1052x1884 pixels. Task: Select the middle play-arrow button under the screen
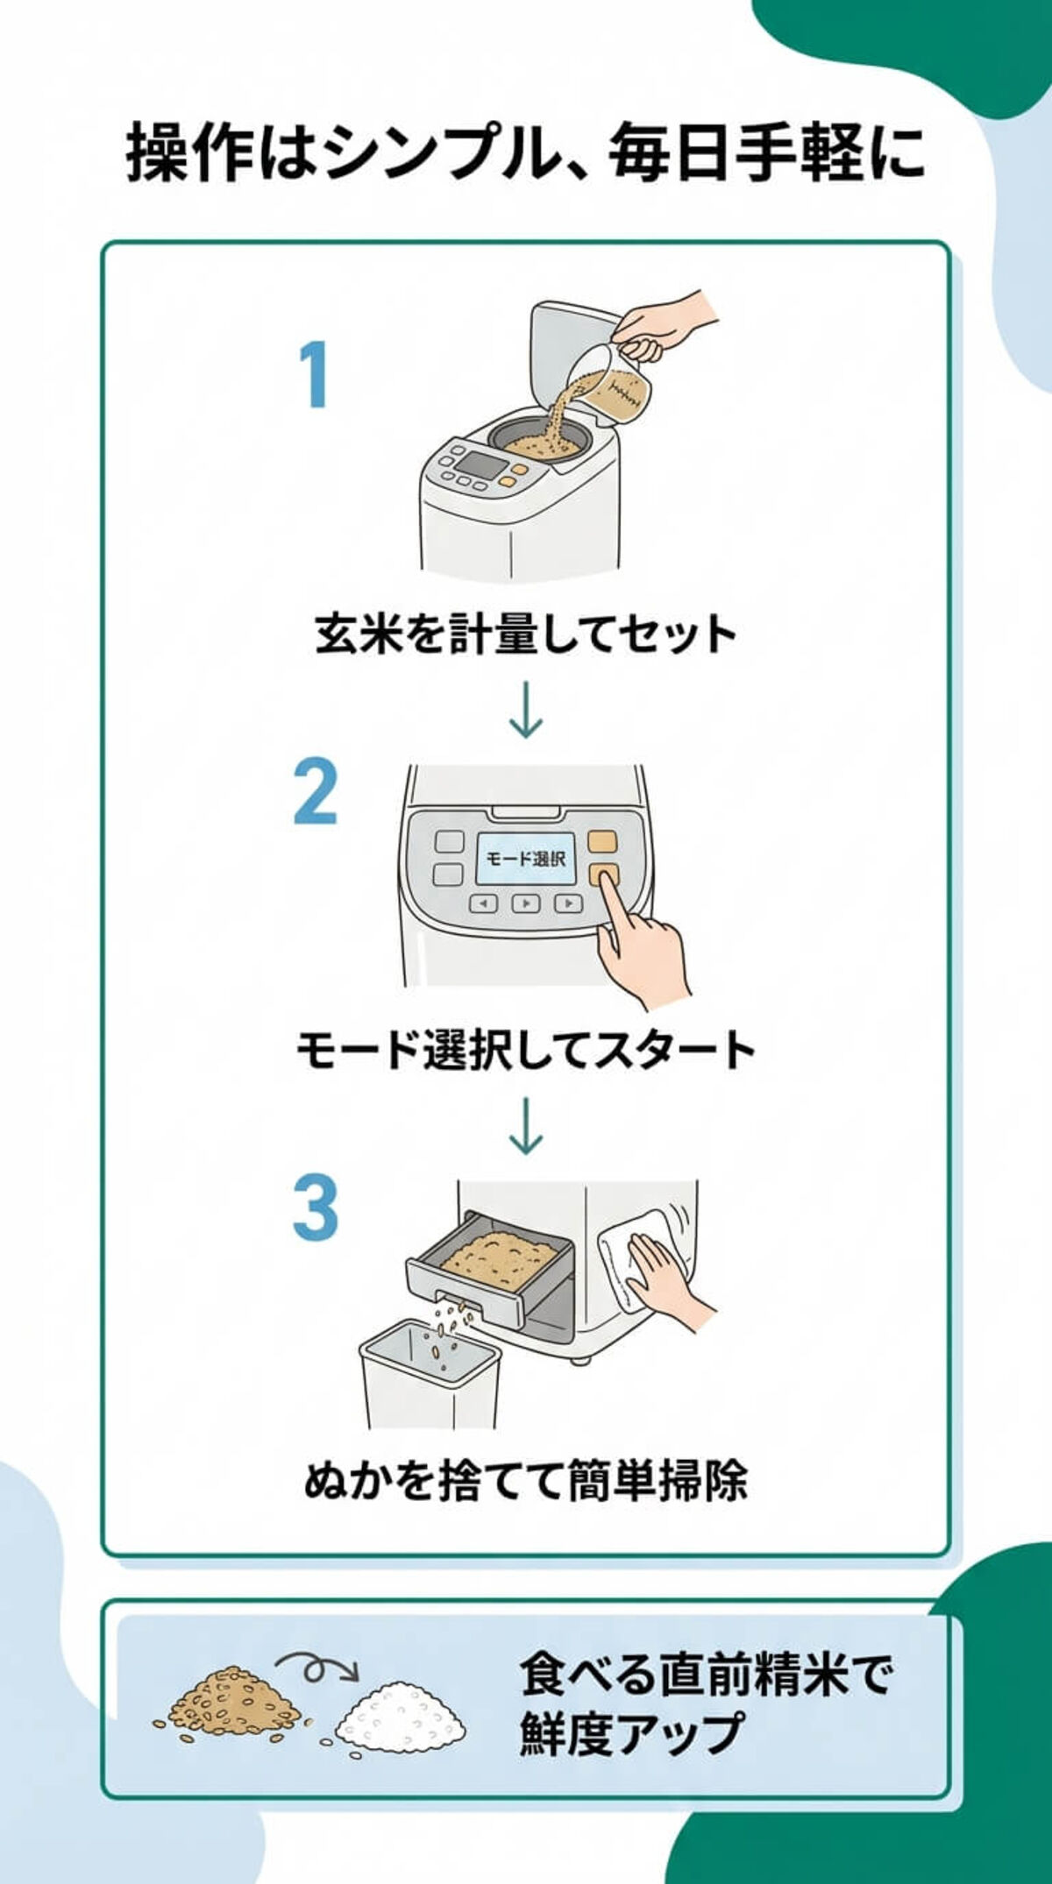(x=525, y=903)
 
